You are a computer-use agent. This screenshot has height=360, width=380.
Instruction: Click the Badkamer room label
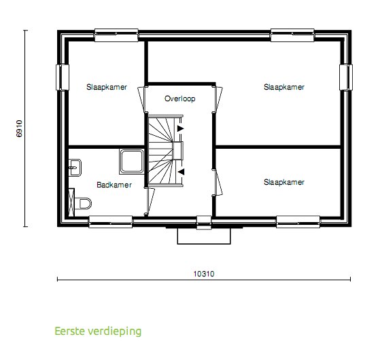pos(114,184)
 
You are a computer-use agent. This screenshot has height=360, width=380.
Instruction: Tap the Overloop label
pos(180,99)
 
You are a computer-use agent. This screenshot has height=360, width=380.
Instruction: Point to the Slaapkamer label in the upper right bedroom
pos(284,87)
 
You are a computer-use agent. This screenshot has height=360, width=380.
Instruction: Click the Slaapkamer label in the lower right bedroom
pos(284,182)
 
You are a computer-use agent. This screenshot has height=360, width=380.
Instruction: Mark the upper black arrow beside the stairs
pos(180,127)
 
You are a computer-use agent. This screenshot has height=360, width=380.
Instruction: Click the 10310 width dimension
pos(203,274)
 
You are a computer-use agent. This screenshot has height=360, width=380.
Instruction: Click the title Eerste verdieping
pos(98,331)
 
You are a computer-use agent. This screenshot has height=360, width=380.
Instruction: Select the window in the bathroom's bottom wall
pos(110,221)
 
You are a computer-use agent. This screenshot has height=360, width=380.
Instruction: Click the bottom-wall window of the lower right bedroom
pos(298,221)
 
